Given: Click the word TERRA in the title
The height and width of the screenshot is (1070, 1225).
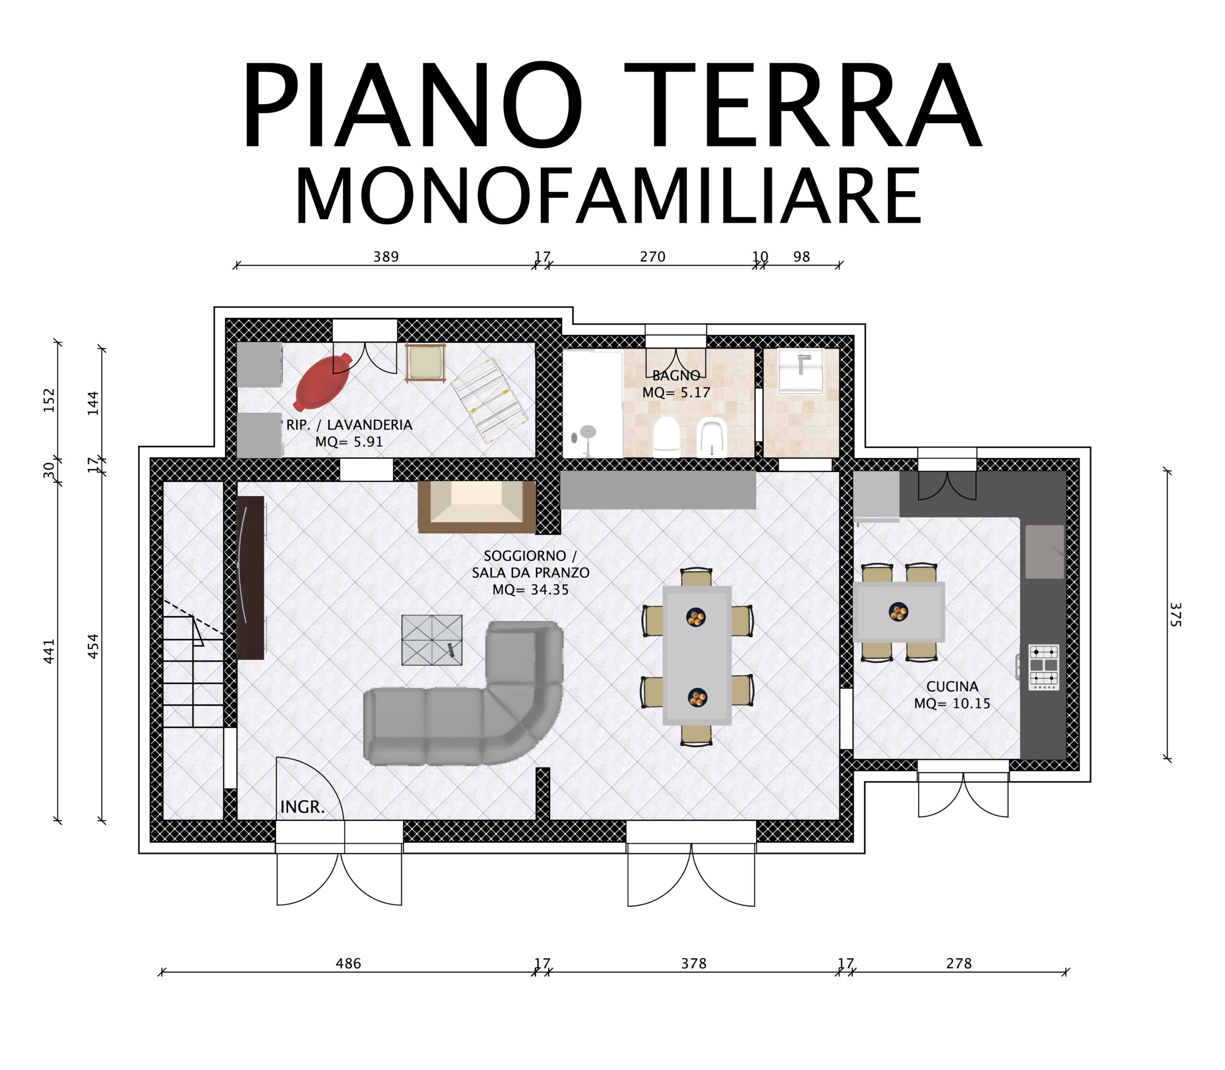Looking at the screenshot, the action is click(803, 106).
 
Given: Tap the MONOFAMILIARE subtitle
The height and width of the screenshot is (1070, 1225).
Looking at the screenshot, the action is click(608, 197).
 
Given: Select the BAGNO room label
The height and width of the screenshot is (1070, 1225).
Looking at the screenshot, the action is click(676, 375).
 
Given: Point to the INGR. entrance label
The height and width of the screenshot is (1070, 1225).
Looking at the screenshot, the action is click(302, 807).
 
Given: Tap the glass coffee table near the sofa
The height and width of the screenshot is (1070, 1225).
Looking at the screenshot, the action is click(432, 640).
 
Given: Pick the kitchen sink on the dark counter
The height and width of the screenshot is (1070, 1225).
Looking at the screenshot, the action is click(1045, 552).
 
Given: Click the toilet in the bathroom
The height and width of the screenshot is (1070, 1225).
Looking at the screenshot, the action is click(667, 437).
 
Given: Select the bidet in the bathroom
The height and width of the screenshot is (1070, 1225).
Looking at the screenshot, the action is click(712, 438).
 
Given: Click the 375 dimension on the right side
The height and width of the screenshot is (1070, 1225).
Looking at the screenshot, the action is click(1174, 615).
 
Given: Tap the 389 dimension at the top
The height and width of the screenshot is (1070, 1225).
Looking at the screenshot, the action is click(386, 257).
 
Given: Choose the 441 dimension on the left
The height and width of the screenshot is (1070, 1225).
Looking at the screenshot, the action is click(49, 651).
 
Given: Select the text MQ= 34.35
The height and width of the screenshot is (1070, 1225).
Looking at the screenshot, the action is click(530, 590).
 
